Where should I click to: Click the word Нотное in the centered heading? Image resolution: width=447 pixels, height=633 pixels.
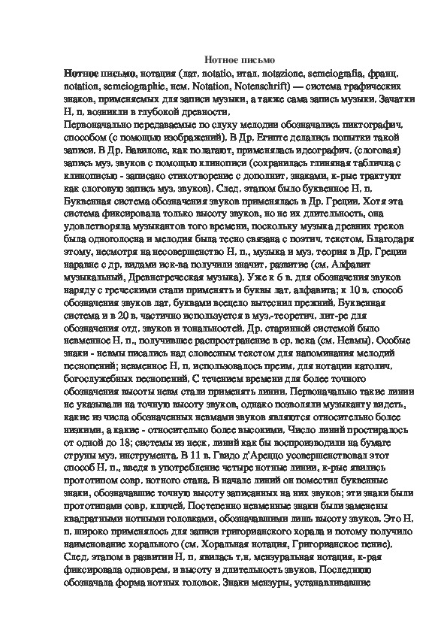222,58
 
